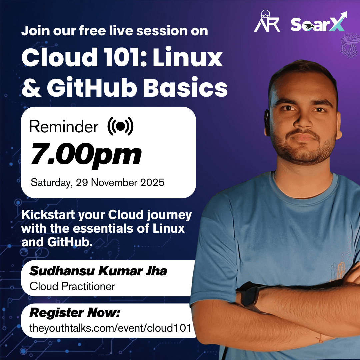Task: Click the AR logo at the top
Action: tap(267, 22)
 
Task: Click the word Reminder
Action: tap(64, 127)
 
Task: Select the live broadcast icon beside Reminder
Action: tap(120, 126)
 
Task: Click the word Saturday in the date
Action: tap(51, 183)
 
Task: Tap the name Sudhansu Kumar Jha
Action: tap(98, 271)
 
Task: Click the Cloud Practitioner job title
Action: tap(72, 286)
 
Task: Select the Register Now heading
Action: tap(75, 313)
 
